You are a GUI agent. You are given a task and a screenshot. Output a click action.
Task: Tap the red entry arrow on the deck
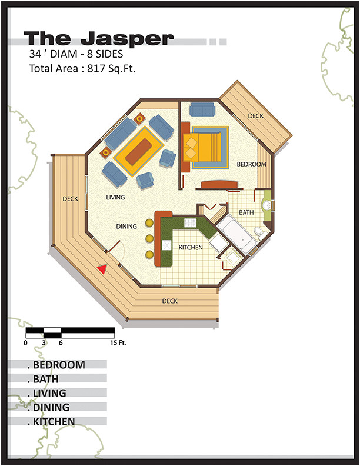pyautogui.click(x=102, y=269)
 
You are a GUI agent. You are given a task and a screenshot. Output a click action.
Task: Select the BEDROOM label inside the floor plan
pyautogui.click(x=252, y=165)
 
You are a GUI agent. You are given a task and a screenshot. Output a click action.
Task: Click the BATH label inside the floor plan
pyautogui.click(x=246, y=212)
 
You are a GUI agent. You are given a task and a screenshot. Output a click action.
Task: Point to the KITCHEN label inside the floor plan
pyautogui.click(x=191, y=248)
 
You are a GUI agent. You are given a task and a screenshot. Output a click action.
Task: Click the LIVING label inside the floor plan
pyautogui.click(x=115, y=198)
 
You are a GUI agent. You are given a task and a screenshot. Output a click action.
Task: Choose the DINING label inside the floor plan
pyautogui.click(x=126, y=227)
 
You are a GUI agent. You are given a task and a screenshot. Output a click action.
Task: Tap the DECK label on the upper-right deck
pyautogui.click(x=255, y=116)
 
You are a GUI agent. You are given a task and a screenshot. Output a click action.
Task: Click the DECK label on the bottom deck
pyautogui.click(x=169, y=302)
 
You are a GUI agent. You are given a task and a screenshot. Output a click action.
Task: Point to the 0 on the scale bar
pyautogui.click(x=26, y=342)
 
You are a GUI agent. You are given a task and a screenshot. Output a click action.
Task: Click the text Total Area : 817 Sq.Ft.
pyautogui.click(x=82, y=68)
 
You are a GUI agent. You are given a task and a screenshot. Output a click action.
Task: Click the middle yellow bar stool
pyautogui.click(x=149, y=238)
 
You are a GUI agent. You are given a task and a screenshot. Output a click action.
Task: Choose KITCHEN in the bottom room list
pyautogui.click(x=54, y=421)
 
